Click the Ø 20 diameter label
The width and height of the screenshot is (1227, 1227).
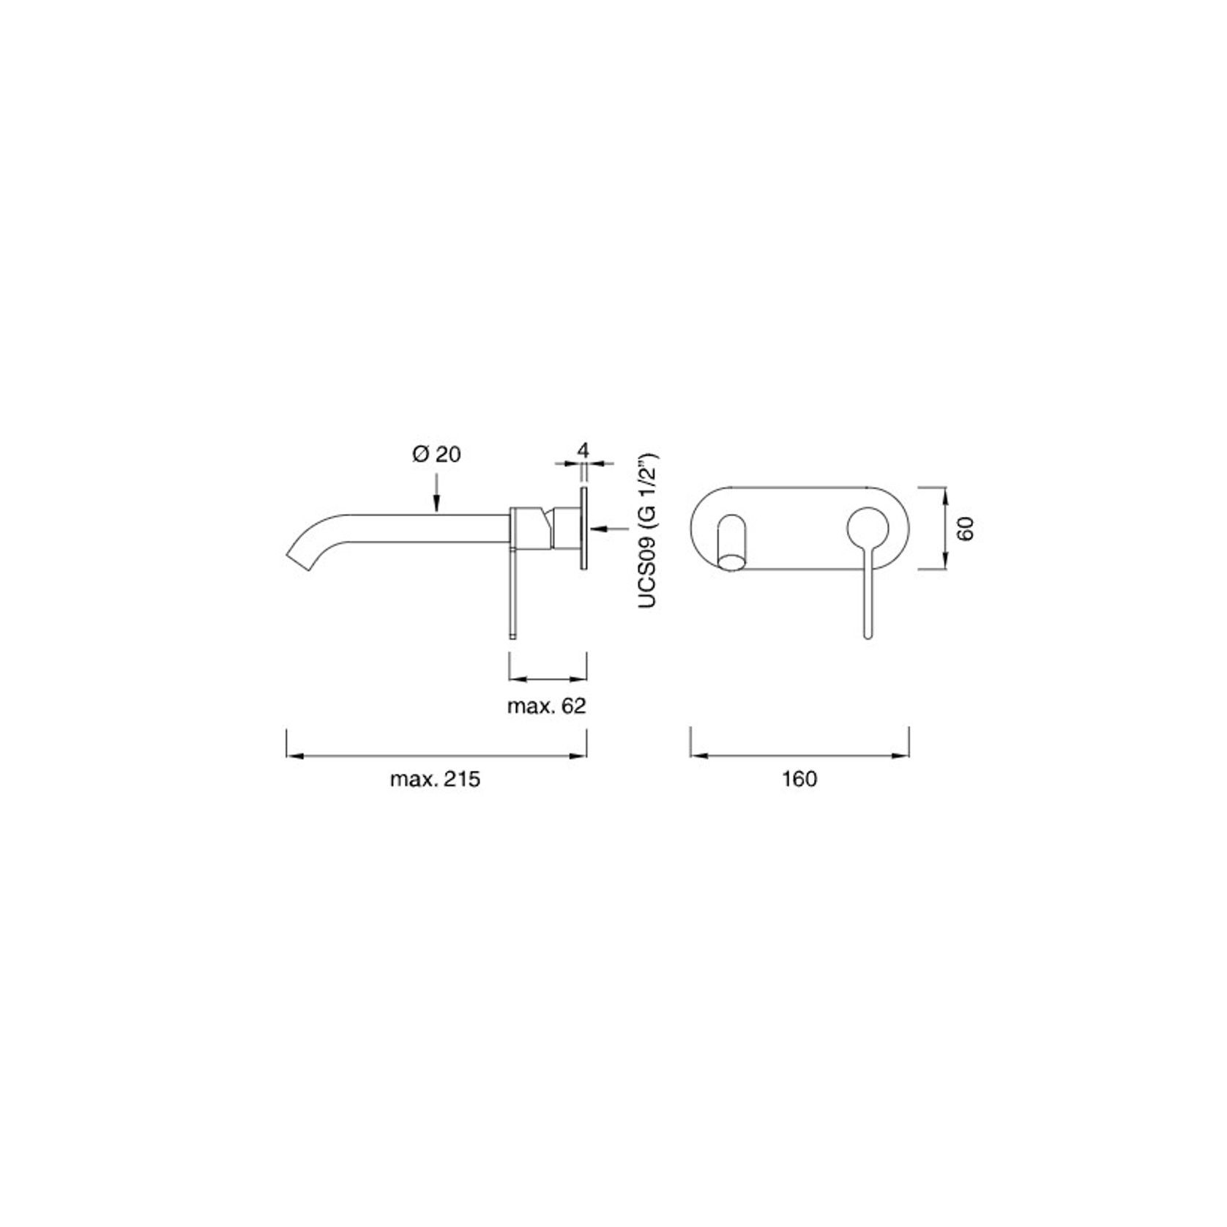(436, 455)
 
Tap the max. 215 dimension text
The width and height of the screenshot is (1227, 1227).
(435, 779)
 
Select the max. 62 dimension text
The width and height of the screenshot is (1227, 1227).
(546, 706)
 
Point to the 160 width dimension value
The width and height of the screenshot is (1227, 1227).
(799, 779)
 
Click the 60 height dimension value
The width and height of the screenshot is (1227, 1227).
(966, 529)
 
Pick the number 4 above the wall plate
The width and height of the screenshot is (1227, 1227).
(583, 450)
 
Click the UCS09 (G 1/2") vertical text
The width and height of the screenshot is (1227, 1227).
(648, 531)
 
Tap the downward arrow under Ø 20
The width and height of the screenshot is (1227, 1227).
(436, 498)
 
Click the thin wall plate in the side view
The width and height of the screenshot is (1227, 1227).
(583, 527)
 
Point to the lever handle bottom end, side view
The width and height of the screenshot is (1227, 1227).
(512, 633)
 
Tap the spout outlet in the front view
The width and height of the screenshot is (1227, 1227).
(733, 562)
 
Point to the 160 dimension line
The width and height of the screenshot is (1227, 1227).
(799, 756)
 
